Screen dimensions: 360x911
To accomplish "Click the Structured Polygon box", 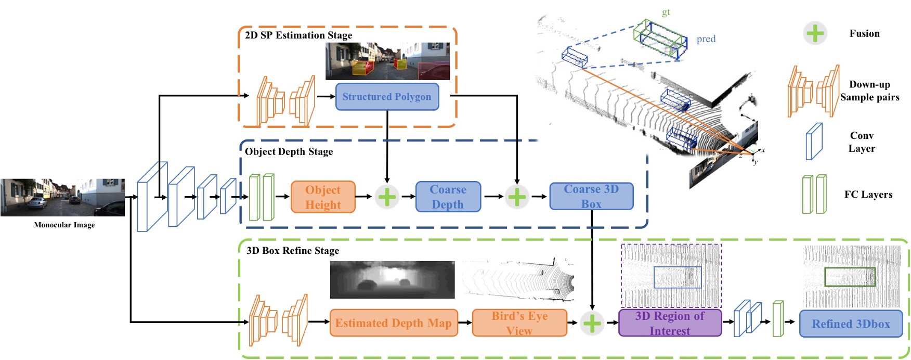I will pos(387,97).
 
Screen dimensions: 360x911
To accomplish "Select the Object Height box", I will pos(323,197).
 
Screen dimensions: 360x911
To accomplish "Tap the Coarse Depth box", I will pos(448,197).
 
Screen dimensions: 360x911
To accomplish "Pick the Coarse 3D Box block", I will pos(591,197).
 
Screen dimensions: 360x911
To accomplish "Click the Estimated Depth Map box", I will pos(394,323).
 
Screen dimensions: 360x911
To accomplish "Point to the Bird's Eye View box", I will pos(519,323).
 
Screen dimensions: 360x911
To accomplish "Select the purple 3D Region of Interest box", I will pos(670,323).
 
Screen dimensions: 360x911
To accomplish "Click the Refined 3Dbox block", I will pos(851,324).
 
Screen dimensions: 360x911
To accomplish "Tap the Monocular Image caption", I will pos(64,225).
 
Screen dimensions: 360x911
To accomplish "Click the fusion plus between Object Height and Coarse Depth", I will pos(387,197).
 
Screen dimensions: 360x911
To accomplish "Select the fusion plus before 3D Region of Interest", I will pos(592,323).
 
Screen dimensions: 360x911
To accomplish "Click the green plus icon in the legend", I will pos(815,33).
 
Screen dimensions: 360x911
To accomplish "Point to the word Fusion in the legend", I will pos(864,33).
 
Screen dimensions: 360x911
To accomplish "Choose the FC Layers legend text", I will pos(868,195).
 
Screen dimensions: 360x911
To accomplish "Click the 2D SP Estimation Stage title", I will pos(298,35).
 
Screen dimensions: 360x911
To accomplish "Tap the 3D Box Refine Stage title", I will pos(293,251).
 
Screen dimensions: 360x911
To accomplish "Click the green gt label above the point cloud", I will pos(666,12).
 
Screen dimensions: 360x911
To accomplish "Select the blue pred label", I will pos(706,39).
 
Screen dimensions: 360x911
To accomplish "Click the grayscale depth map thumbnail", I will pos(392,280).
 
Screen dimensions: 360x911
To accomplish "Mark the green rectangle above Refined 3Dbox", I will pos(850,277).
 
